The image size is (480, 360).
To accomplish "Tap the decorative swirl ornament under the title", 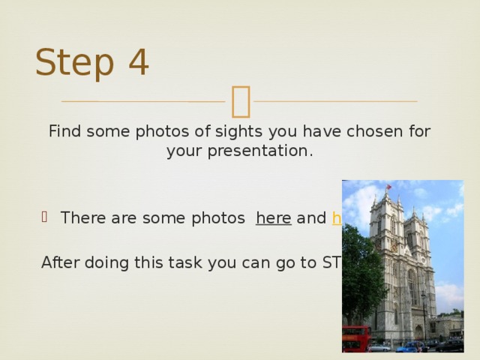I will point(241,100).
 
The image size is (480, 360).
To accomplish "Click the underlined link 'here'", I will point(274,218).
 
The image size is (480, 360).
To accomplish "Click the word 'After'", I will point(62,262).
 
